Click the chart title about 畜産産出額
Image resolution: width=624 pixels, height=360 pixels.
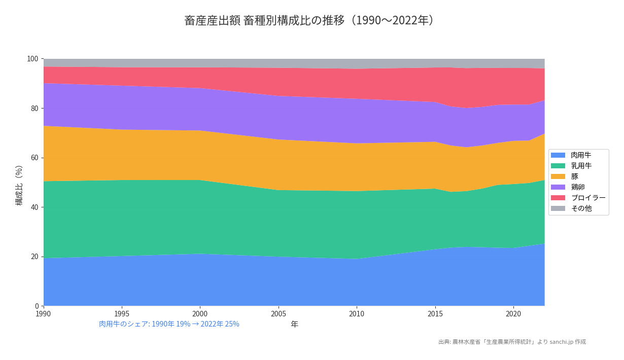[x=309, y=20]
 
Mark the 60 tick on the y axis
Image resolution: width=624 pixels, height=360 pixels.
[x=34, y=158]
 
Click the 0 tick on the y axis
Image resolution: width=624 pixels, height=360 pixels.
[x=36, y=306]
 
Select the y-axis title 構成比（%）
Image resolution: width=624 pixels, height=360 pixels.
[x=19, y=185]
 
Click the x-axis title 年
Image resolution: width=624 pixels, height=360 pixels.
[x=294, y=325]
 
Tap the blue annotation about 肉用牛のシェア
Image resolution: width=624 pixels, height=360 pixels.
[x=169, y=324]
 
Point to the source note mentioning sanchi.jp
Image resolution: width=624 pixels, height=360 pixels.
[x=512, y=342]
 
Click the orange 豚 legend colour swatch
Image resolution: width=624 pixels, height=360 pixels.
[x=558, y=176]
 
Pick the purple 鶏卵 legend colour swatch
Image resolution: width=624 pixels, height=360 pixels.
[x=558, y=187]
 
